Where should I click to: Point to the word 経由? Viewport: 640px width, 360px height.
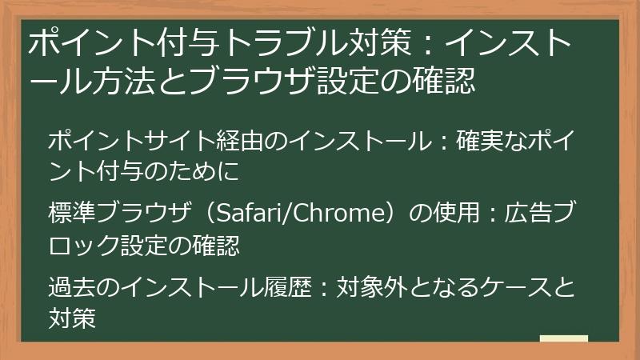coord(241,142)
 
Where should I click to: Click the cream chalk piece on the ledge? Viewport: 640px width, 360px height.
coord(564,338)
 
